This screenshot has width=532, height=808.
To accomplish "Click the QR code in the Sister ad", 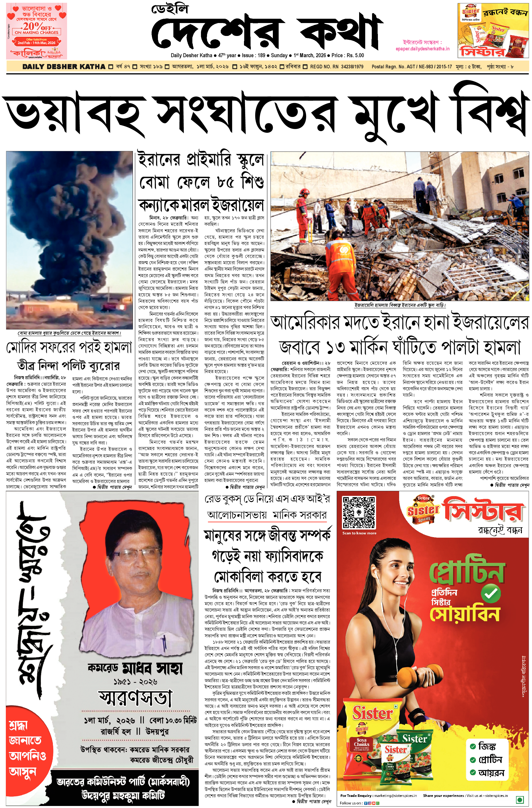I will tap(359, 615).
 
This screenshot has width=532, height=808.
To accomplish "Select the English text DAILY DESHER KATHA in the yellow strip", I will tap(64, 67).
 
